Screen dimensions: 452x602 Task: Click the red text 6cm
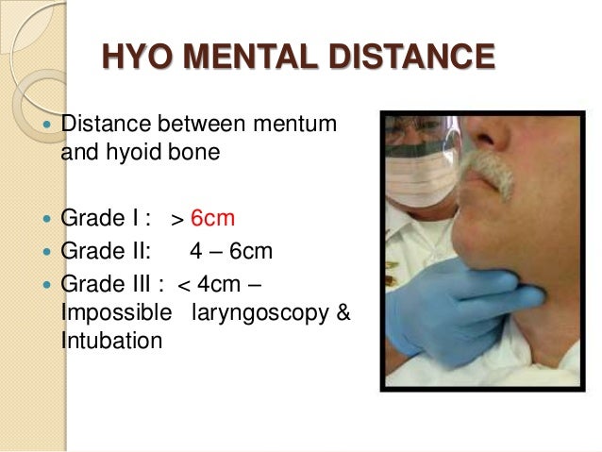tap(212, 219)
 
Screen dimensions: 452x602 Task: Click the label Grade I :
tap(99, 219)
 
